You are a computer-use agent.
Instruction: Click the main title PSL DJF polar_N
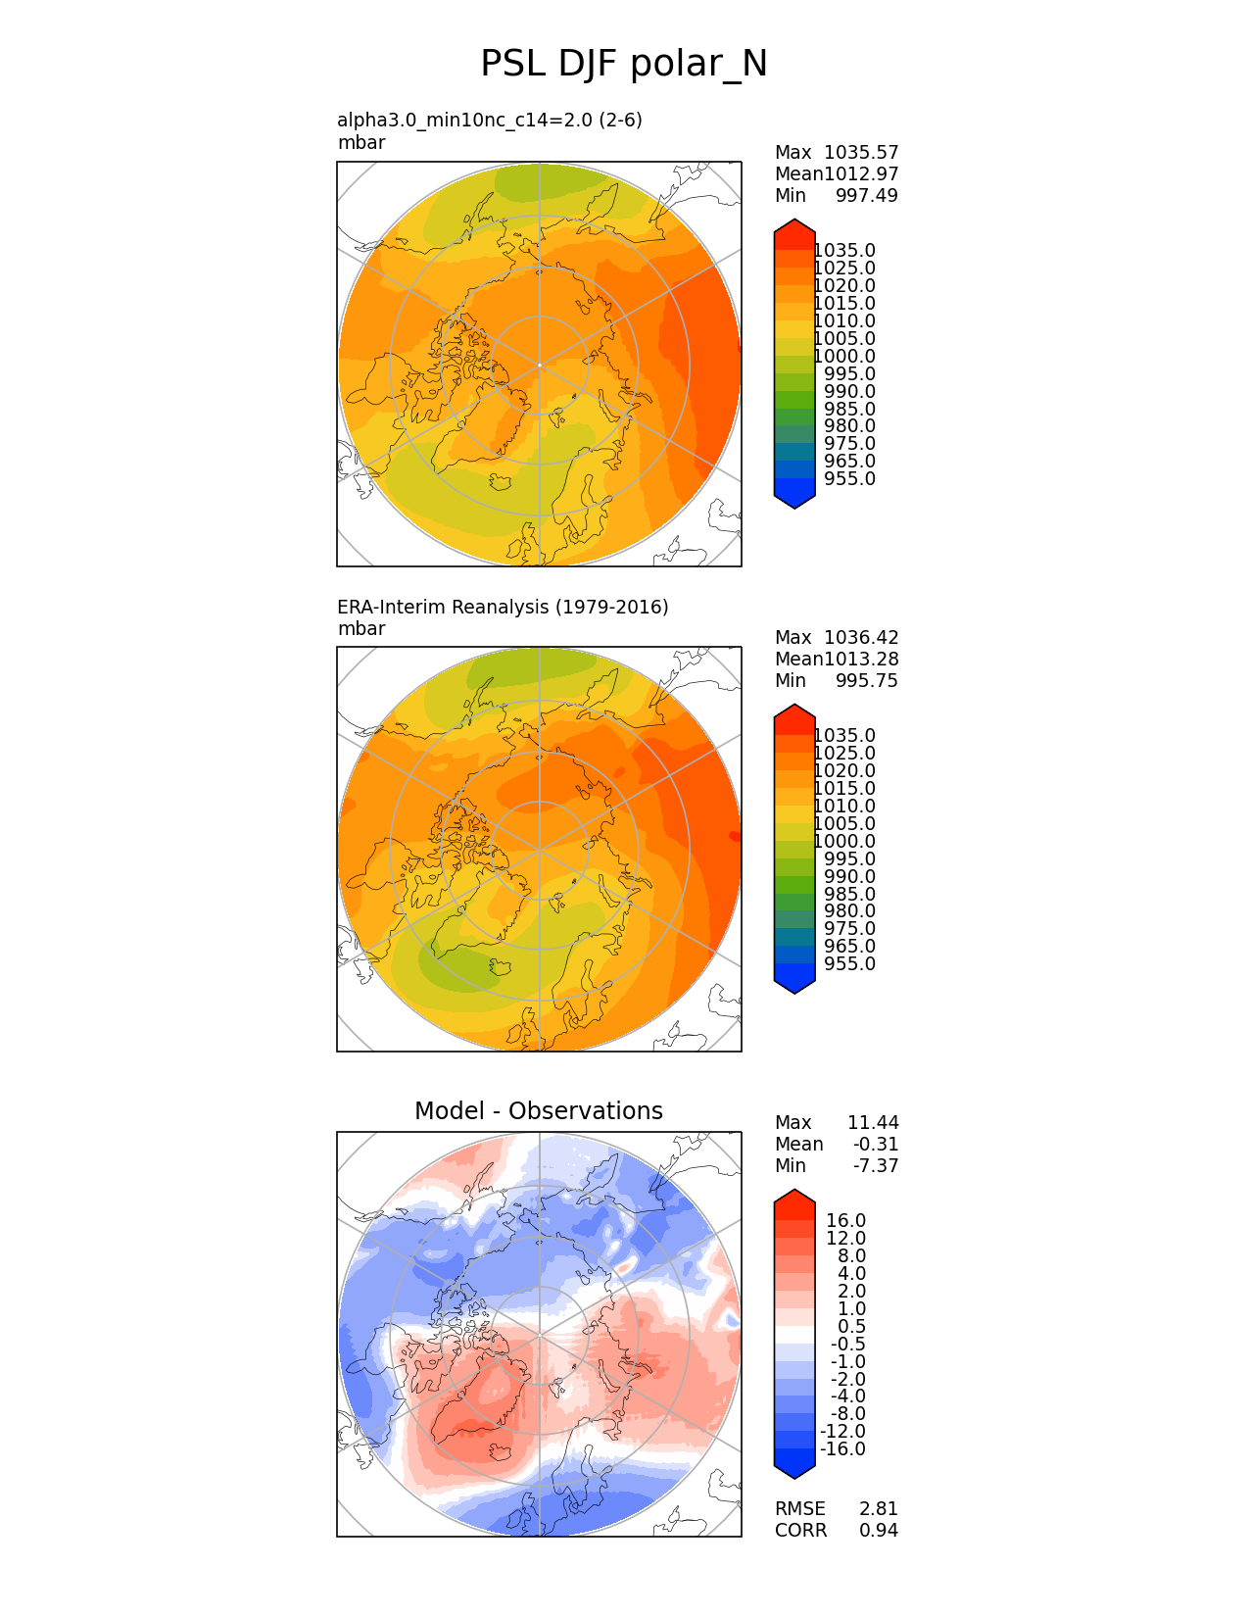pos(624,65)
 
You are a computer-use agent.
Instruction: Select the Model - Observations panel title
pos(539,1111)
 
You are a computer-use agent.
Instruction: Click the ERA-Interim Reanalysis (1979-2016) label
pos(503,608)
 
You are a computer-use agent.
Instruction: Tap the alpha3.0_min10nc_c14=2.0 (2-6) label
pos(490,121)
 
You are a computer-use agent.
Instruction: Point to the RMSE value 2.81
pos(879,1509)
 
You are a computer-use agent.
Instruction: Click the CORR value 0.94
pos(879,1531)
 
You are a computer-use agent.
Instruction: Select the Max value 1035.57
pos(861,153)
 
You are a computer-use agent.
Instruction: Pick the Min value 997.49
pos(866,196)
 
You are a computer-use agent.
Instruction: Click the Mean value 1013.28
pos(861,660)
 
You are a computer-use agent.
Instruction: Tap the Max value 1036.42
pos(861,638)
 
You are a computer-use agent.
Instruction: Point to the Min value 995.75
pos(866,681)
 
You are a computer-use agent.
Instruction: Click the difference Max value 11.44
pos(873,1123)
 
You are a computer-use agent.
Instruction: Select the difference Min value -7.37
pos(876,1166)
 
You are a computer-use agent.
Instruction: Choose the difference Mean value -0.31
pos(876,1145)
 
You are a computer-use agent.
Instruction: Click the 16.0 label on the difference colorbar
pos(846,1221)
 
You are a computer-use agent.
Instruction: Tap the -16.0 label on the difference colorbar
pos(843,1449)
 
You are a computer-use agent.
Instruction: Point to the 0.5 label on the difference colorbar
pos(851,1327)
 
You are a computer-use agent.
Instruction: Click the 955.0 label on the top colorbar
pos(849,479)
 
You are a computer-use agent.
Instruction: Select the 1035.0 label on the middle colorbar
pos(844,736)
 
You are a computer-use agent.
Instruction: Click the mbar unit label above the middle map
pos(361,629)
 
